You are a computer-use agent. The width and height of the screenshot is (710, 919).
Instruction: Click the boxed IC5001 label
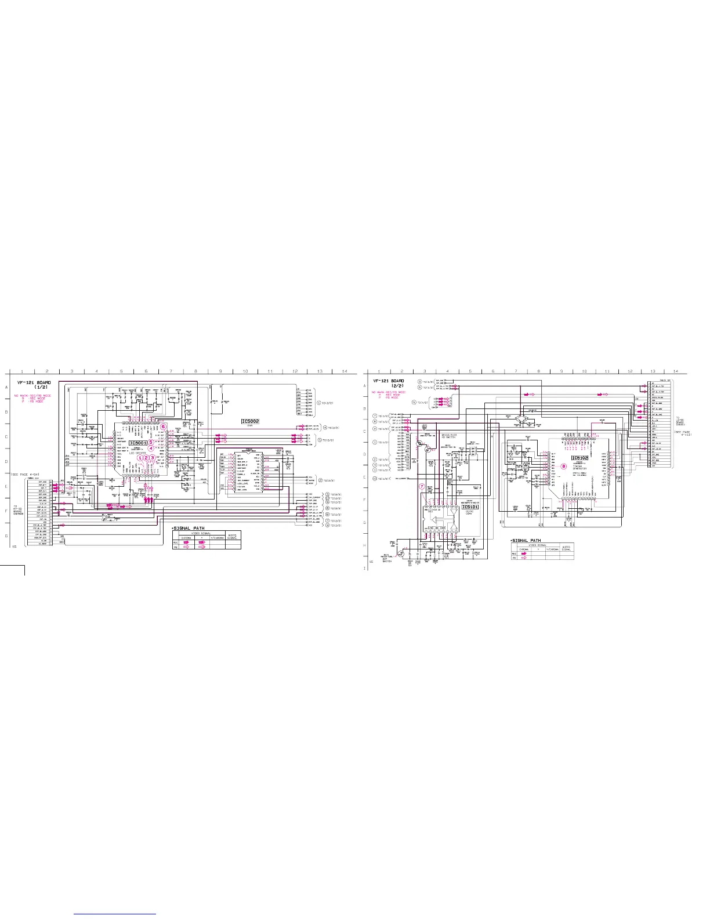(137, 443)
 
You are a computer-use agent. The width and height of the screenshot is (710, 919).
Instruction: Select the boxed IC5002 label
(250, 421)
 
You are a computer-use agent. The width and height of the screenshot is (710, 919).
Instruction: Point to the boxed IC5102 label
(579, 458)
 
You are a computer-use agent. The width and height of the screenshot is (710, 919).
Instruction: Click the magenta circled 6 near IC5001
(163, 427)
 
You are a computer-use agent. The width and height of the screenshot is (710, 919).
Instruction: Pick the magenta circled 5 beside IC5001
(151, 443)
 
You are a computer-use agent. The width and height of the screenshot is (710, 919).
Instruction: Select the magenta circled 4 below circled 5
(151, 448)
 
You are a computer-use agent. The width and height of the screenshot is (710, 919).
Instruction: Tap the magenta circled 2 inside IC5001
(146, 458)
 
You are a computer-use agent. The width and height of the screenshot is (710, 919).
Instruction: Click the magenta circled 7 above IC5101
(422, 486)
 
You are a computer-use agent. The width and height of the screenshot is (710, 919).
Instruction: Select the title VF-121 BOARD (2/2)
(389, 383)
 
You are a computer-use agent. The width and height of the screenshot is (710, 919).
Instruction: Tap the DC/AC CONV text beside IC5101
(470, 513)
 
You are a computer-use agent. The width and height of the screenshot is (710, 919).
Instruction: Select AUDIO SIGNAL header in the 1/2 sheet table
(232, 536)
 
